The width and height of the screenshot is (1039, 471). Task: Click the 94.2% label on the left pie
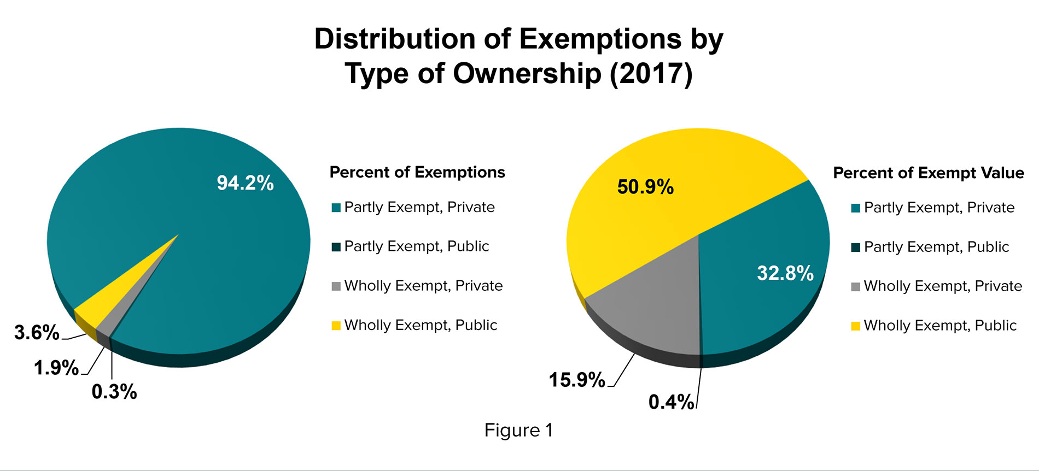pos(245,183)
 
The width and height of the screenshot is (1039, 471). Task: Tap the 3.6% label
pos(37,332)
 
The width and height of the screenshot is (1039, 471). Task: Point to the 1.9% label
pos(56,367)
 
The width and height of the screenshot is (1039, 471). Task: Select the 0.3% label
pos(114,391)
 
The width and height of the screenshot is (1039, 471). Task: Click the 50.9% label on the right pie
pos(645,187)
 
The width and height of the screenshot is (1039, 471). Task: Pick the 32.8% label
pos(785,273)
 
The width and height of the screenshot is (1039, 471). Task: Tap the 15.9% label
pos(577,380)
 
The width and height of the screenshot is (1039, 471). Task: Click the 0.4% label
pos(671,402)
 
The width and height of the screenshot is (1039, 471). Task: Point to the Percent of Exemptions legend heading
pos(417,172)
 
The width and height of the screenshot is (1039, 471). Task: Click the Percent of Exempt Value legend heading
pos(929,173)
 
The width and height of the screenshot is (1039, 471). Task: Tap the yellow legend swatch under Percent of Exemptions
pos(336,326)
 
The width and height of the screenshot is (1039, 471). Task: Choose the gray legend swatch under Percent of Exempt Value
pos(856,286)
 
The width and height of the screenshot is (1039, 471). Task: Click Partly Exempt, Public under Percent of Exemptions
pos(417,246)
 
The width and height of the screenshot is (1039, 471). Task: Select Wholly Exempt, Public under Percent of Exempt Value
pos(940,326)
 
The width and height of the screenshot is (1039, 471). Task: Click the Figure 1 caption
pos(518,431)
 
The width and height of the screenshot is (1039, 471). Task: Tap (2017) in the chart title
pos(651,73)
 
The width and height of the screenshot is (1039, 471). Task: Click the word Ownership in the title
pos(527,73)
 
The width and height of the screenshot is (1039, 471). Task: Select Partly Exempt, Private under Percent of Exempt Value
pos(939,208)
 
